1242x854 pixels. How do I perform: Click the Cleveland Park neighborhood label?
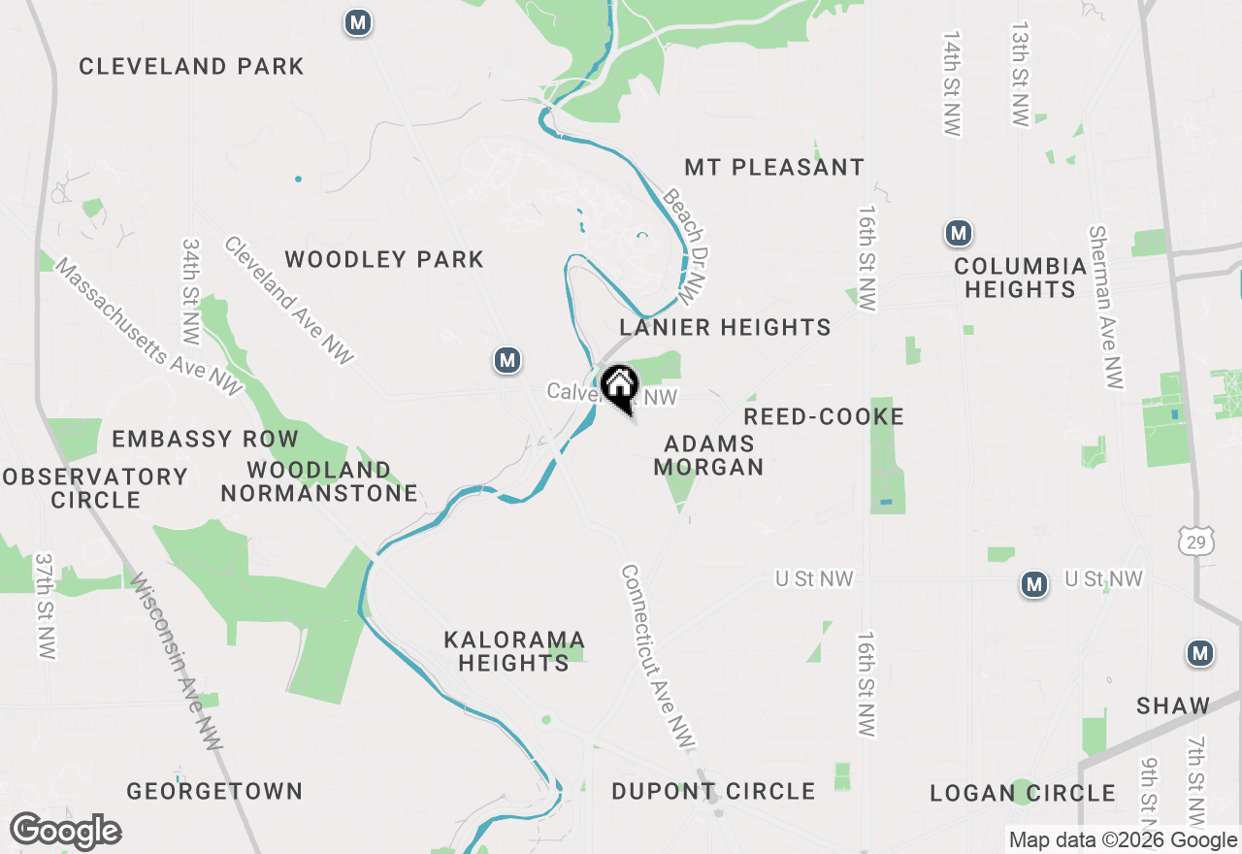pyautogui.click(x=191, y=67)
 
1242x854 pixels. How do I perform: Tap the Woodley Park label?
pyautogui.click(x=384, y=260)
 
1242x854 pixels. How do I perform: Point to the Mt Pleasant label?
pyautogui.click(x=774, y=168)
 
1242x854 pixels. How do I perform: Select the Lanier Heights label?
pyautogui.click(x=726, y=328)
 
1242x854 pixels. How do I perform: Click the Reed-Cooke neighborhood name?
pyautogui.click(x=824, y=417)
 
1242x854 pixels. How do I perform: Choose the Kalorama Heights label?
pyautogui.click(x=514, y=652)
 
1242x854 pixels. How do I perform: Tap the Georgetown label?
pyautogui.click(x=214, y=792)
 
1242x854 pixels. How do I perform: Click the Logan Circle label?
pyautogui.click(x=1023, y=794)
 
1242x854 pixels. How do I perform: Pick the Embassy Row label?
pyautogui.click(x=204, y=440)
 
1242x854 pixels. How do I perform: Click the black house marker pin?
pyautogui.click(x=618, y=386)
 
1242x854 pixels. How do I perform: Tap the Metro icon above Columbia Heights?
pyautogui.click(x=959, y=233)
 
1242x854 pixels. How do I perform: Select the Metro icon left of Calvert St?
pyautogui.click(x=507, y=361)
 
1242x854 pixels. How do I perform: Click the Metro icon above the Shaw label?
pyautogui.click(x=1200, y=654)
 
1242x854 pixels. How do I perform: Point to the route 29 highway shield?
pyautogui.click(x=1193, y=542)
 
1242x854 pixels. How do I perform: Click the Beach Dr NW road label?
pyautogui.click(x=683, y=245)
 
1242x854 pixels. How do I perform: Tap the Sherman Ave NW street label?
pyautogui.click(x=1105, y=308)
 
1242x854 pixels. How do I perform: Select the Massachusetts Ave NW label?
pyautogui.click(x=147, y=327)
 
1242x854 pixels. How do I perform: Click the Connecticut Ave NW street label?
pyautogui.click(x=659, y=657)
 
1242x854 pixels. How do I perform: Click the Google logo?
pyautogui.click(x=66, y=832)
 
